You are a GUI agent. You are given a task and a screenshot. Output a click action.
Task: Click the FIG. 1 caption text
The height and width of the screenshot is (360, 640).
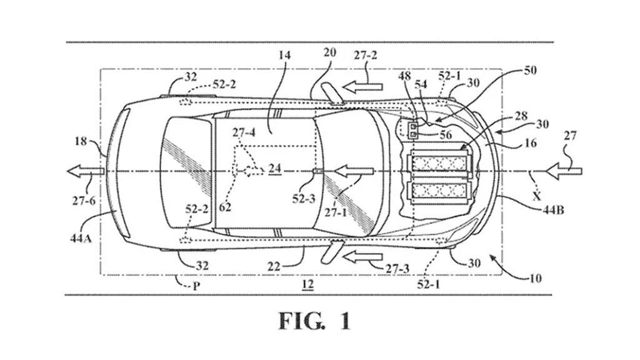tap(315, 321)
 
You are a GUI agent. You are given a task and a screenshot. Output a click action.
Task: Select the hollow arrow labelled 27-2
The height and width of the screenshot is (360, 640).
tap(362, 86)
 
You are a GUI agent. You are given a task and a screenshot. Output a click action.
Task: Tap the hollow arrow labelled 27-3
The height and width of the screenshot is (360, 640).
tap(362, 257)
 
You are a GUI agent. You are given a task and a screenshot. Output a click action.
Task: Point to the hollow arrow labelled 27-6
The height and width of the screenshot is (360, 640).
tap(86, 171)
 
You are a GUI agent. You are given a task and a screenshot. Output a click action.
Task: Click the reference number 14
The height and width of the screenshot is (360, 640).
tap(284, 55)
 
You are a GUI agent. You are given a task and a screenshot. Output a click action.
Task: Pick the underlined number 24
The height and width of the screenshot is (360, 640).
tap(275, 169)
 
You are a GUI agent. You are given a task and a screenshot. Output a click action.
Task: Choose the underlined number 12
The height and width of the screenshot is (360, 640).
tap(307, 284)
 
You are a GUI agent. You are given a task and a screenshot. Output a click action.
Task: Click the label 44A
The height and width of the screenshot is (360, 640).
tap(81, 238)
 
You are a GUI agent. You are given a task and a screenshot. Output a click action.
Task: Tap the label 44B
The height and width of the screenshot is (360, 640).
tap(553, 211)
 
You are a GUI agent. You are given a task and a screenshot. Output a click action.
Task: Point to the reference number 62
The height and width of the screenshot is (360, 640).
tap(224, 207)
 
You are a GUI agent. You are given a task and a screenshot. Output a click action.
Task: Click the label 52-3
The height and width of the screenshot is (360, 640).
tap(304, 199)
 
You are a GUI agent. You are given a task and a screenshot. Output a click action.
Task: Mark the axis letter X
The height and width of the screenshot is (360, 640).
tap(537, 197)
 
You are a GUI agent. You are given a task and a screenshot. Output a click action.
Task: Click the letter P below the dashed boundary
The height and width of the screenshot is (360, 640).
tap(196, 286)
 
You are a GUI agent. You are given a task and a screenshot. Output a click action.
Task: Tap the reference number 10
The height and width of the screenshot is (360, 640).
tap(535, 278)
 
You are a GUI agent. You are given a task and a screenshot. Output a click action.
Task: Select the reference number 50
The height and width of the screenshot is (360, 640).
tap(530, 70)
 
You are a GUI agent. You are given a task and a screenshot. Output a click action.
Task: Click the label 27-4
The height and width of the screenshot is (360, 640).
tap(244, 133)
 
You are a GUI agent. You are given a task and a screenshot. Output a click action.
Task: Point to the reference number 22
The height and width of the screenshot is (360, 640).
tap(274, 266)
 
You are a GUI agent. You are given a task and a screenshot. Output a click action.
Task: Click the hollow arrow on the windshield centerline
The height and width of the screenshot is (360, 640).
tap(354, 171)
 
